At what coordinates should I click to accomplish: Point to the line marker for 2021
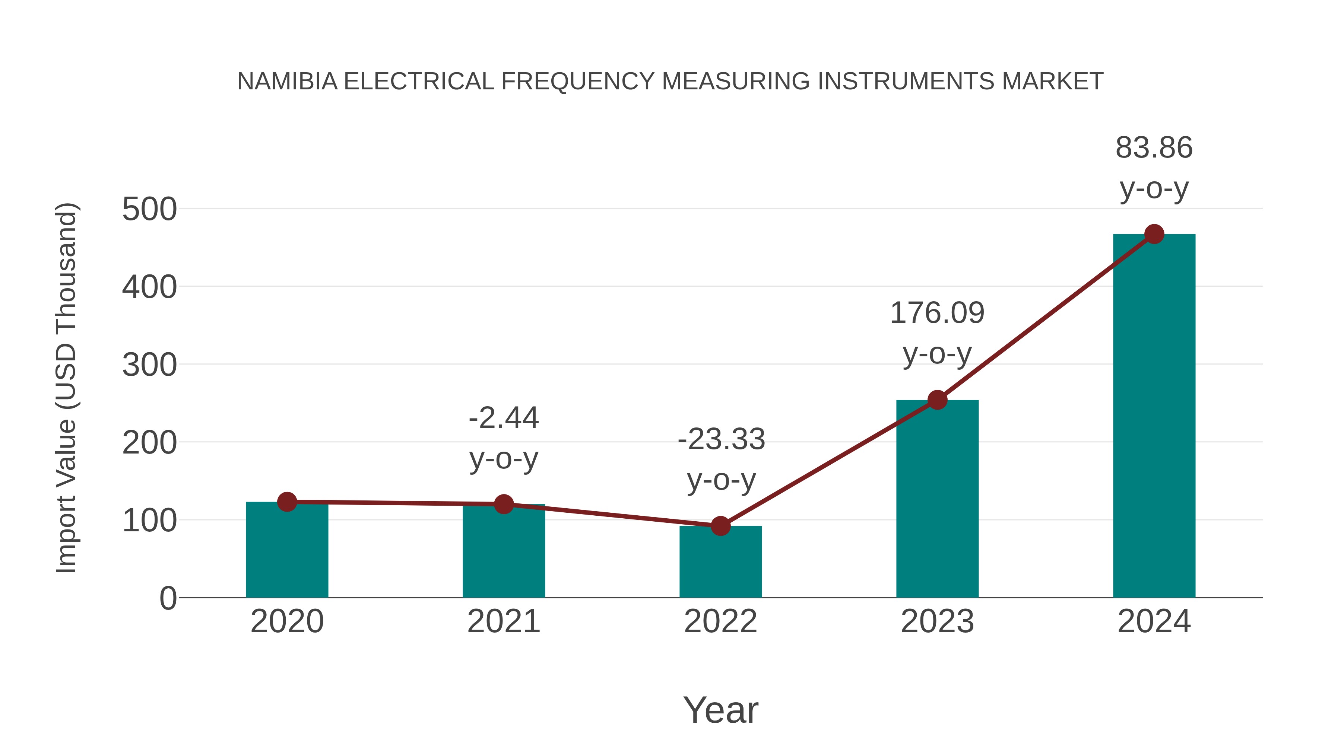[503, 504]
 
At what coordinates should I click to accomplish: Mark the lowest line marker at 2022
[720, 526]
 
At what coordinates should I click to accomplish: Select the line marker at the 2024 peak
[1154, 234]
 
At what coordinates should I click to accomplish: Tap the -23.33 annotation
[721, 439]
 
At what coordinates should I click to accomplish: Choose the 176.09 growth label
[937, 313]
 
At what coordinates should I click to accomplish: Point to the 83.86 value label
[1154, 148]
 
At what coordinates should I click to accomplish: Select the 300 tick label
[149, 365]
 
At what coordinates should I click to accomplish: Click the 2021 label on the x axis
[503, 621]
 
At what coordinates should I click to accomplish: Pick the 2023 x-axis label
[937, 621]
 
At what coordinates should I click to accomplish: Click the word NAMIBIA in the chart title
[287, 82]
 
